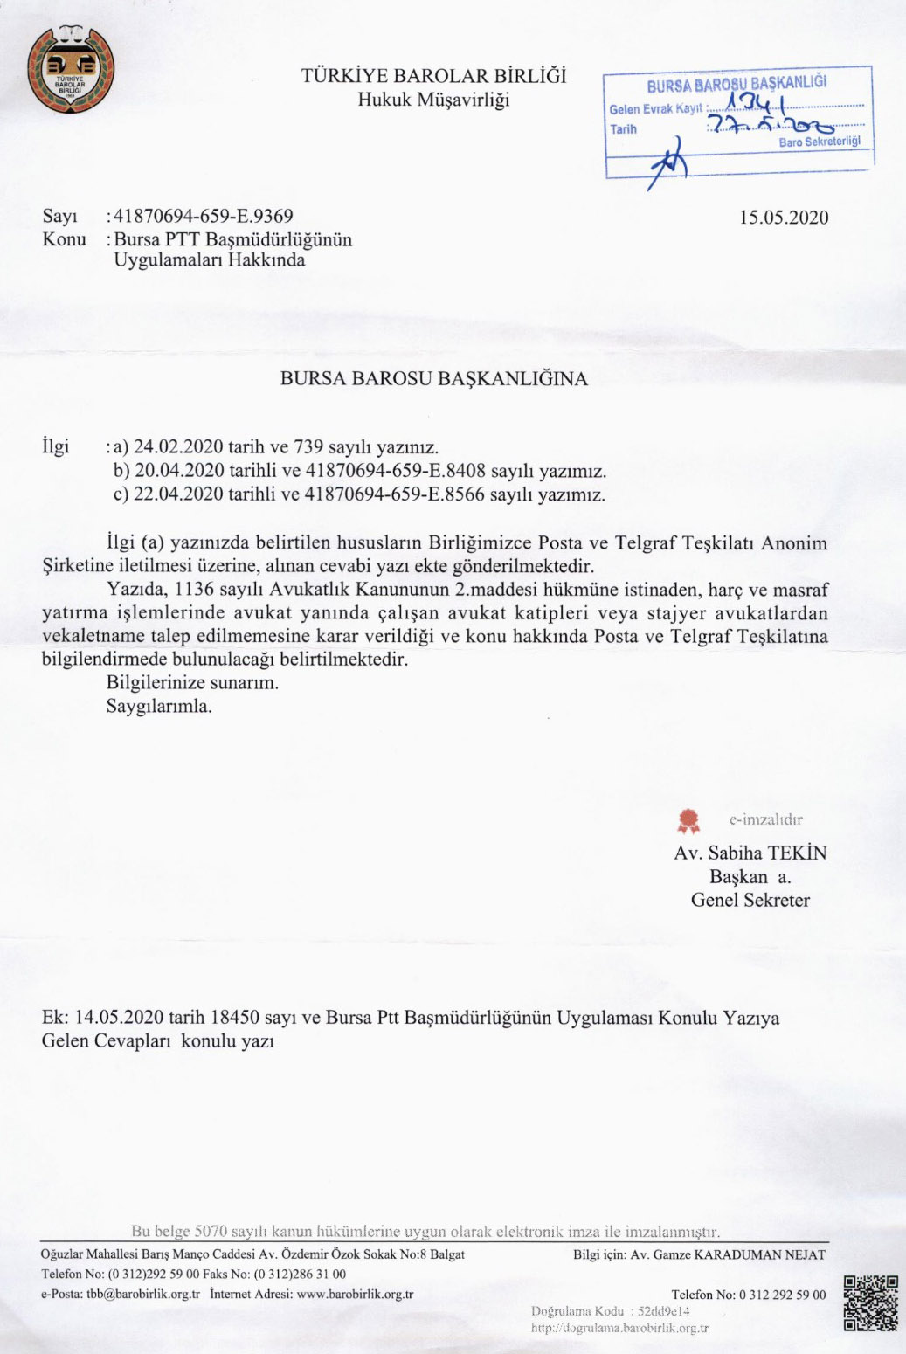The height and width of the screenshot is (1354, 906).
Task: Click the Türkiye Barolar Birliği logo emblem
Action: coord(71,70)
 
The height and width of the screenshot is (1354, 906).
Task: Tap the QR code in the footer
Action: coord(870,1302)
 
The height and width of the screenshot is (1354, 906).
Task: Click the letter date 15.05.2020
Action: coord(784,218)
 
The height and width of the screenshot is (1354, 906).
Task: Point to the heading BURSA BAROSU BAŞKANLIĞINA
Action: coord(433,378)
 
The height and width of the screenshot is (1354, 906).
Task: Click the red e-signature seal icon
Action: coord(689,819)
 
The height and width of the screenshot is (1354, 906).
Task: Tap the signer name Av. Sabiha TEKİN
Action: coord(750,853)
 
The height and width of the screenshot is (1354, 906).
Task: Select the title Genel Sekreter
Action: coord(750,900)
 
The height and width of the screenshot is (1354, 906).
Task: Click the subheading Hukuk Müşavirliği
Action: coord(433,100)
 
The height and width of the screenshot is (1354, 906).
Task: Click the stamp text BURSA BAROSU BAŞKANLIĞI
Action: coord(737,85)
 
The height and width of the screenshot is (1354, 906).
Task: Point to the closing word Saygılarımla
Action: coord(159,706)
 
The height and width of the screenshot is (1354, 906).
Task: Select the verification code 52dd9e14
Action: coord(664,1311)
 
